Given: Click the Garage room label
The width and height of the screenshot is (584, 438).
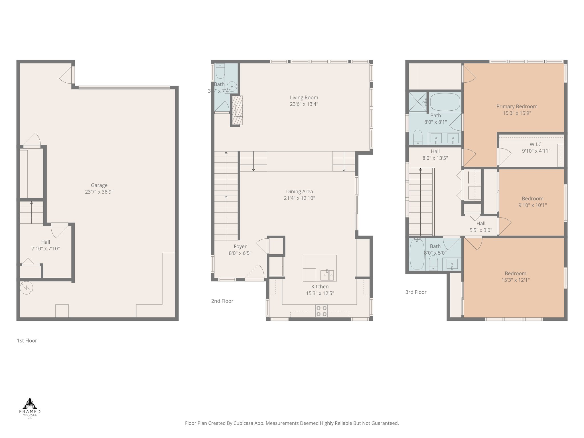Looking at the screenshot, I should click(99, 185).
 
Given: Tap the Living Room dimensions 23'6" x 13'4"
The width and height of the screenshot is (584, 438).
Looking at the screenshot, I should click(304, 104).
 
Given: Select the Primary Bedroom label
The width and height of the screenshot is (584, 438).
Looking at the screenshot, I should click(517, 106).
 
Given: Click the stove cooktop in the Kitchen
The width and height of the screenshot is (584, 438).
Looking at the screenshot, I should click(321, 311).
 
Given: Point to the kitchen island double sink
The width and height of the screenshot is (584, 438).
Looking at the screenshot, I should click(327, 275).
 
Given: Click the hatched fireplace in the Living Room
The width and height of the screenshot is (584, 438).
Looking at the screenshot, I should click(237, 110).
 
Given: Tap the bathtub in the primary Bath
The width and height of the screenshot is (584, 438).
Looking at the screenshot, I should click(445, 102).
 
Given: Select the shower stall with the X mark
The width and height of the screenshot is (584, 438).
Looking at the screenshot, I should click(418, 102).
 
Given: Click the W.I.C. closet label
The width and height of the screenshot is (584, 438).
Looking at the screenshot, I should click(536, 144).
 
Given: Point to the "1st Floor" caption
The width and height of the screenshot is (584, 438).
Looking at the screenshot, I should click(27, 340).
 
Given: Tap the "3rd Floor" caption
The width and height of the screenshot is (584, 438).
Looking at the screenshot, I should click(416, 292).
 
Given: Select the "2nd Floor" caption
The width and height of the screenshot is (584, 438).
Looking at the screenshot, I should click(222, 301).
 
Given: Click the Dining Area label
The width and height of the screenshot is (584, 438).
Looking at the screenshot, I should click(299, 191).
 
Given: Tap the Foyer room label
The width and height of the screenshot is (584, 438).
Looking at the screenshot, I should click(240, 246).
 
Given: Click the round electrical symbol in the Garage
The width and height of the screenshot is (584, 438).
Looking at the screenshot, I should click(27, 288).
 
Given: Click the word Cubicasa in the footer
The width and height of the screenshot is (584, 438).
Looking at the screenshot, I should click(244, 423).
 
